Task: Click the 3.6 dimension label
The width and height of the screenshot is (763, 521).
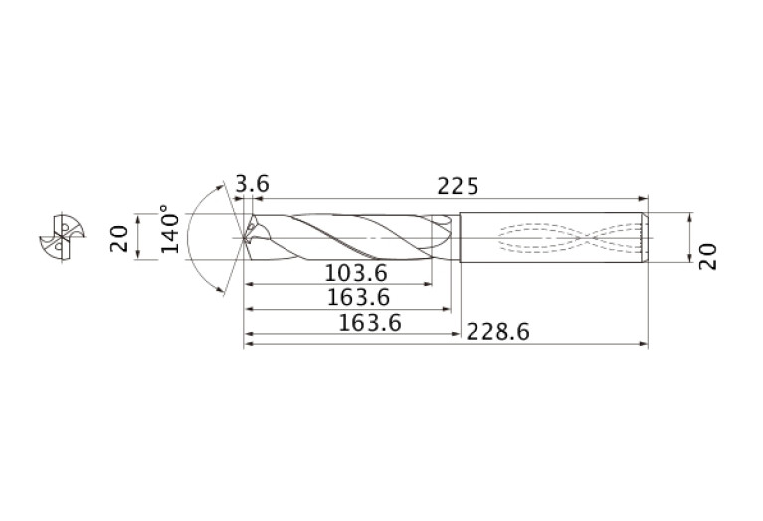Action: [x=252, y=184]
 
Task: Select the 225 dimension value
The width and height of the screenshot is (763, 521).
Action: [x=458, y=186]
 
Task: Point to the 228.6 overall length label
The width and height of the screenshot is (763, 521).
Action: [x=492, y=333]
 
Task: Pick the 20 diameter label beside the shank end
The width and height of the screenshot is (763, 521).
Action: [x=707, y=256]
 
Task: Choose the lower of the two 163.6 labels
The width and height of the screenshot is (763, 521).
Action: [x=367, y=322]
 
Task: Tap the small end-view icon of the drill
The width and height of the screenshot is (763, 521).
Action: [x=58, y=238]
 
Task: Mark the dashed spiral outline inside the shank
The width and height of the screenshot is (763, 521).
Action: [x=567, y=238]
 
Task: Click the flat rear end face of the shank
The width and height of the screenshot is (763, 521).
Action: [x=648, y=238]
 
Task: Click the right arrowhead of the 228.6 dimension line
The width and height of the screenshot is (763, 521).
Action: [x=644, y=346]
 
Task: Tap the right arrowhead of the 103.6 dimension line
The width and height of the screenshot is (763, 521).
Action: [x=431, y=285]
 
